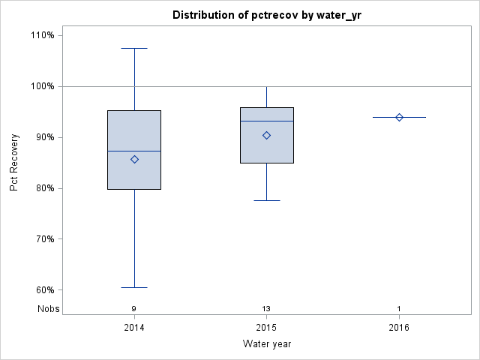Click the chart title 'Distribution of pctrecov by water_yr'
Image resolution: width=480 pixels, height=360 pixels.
pyautogui.click(x=266, y=15)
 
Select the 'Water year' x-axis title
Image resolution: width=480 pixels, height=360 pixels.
pyautogui.click(x=266, y=344)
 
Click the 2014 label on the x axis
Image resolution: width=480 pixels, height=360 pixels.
pyautogui.click(x=134, y=328)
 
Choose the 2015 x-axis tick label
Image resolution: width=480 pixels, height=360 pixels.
pyautogui.click(x=266, y=328)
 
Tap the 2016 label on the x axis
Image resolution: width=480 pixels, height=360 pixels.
pyautogui.click(x=399, y=328)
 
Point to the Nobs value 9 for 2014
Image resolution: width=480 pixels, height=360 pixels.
pyautogui.click(x=134, y=309)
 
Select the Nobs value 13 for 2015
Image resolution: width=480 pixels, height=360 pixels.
pyautogui.click(x=266, y=309)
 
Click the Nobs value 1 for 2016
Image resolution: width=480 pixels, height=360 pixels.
pyautogui.click(x=399, y=309)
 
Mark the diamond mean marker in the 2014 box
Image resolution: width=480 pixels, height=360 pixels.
pyautogui.click(x=134, y=159)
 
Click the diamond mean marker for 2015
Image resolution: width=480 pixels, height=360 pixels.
pyautogui.click(x=266, y=135)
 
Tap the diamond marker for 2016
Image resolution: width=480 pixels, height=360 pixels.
pyautogui.click(x=399, y=117)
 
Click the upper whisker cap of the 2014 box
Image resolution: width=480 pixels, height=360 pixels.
pyautogui.click(x=134, y=48)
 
